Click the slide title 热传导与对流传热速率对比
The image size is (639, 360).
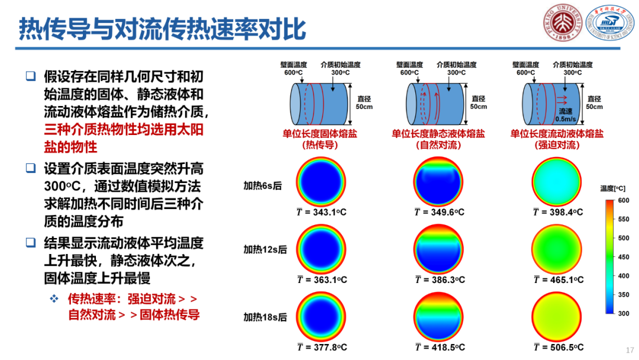pos(162,29)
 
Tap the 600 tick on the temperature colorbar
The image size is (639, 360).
pos(624,201)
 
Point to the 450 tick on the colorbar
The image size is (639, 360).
pos(624,257)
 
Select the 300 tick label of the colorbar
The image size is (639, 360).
pos(624,314)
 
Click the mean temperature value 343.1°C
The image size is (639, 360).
pos(321,212)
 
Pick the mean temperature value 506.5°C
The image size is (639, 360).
pos(559,348)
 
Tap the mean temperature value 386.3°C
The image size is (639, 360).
pos(440,279)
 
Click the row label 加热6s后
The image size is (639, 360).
pos(263,186)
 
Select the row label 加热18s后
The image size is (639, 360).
pos(265,317)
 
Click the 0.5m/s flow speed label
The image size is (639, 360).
pos(566,119)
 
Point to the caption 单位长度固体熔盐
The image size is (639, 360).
pos(320,134)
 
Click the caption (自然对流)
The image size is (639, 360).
pos(438,145)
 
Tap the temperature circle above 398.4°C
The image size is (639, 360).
pos(557,182)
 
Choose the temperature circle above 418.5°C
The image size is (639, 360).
pos(438,317)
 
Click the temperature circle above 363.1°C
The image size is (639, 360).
pos(321,249)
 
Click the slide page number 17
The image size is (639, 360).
pos(630,350)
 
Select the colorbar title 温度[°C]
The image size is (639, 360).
pos(612,188)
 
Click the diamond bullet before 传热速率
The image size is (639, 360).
pos(54,299)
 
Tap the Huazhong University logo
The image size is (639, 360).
pos(609,22)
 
